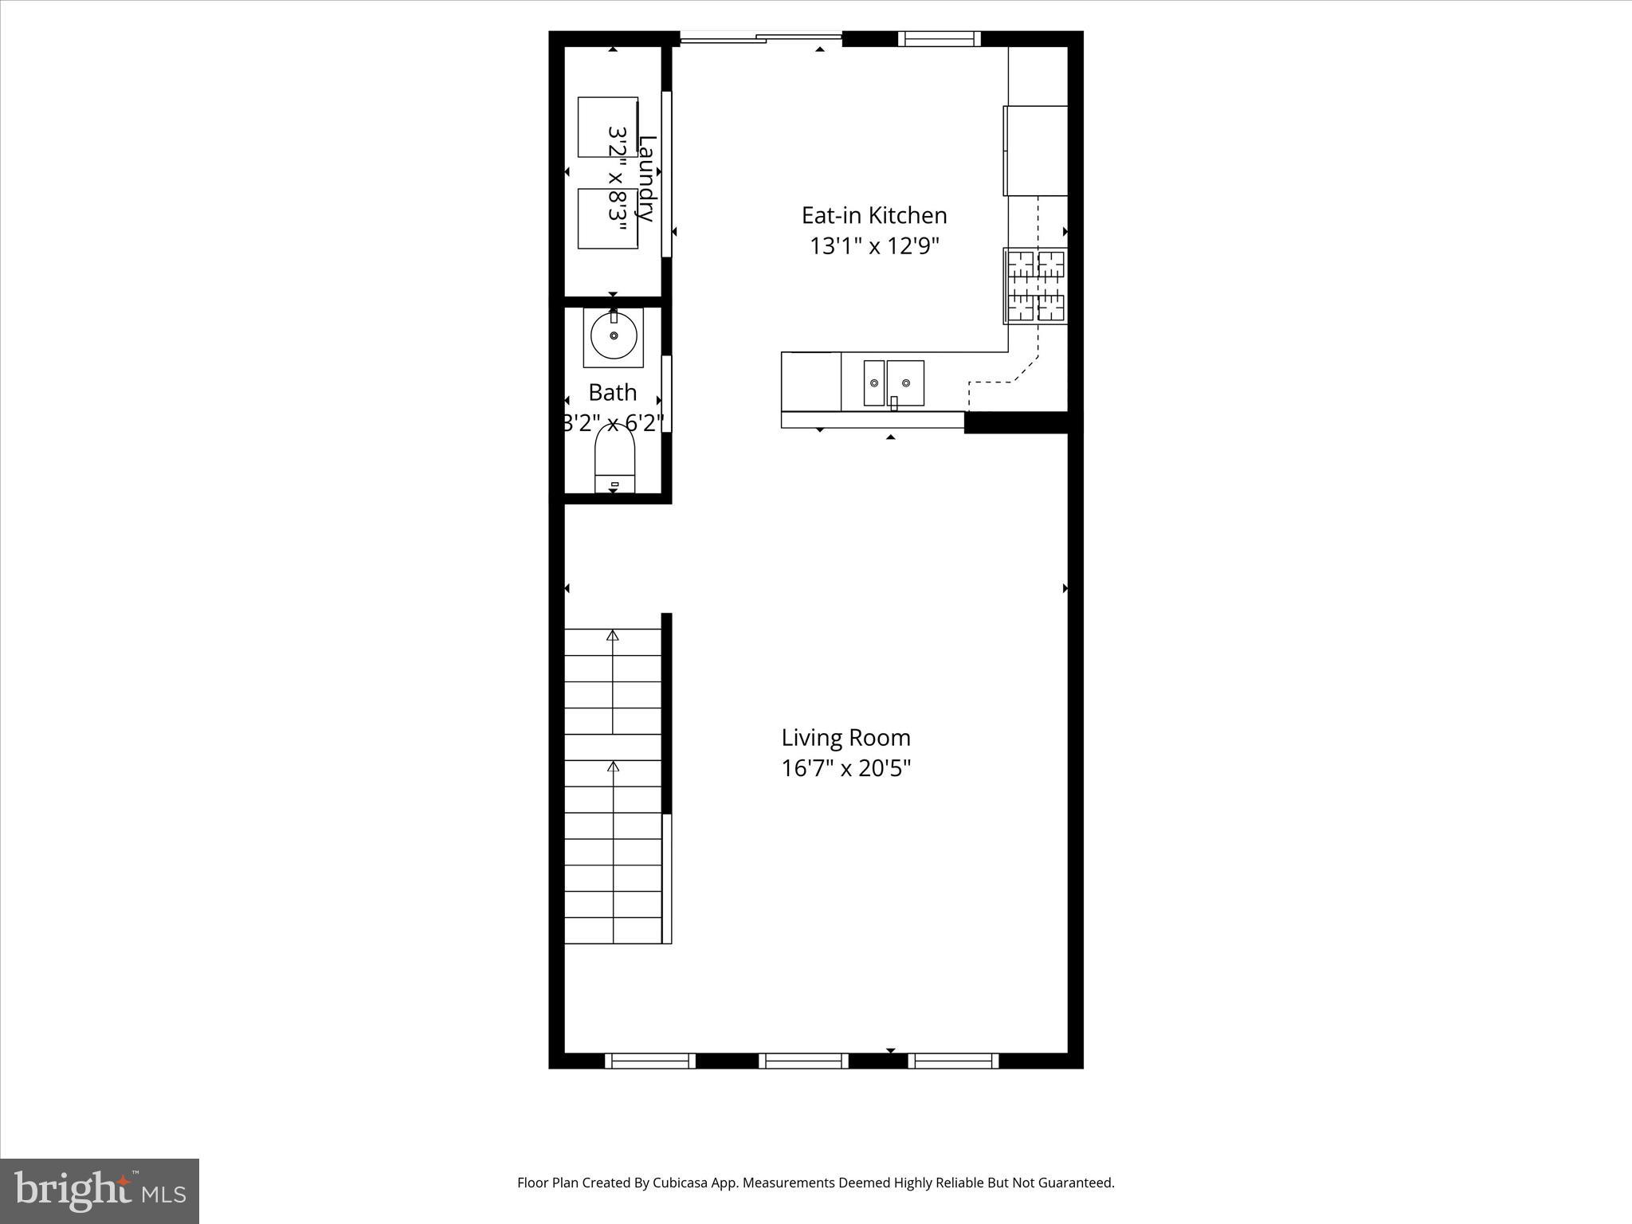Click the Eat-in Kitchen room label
click(x=874, y=215)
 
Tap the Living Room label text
click(x=845, y=738)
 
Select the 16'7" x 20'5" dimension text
click(x=845, y=768)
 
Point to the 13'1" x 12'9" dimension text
click(x=874, y=246)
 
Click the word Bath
click(x=613, y=392)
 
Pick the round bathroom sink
click(x=613, y=336)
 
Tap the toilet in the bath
click(x=614, y=460)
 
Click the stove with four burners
click(x=1035, y=286)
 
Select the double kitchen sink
click(x=893, y=383)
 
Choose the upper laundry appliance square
click(x=607, y=127)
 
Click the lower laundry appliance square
click(x=607, y=218)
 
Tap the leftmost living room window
click(x=650, y=1061)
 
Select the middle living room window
click(x=803, y=1061)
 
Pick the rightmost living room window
click(x=953, y=1061)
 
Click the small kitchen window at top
click(x=939, y=39)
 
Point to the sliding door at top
click(x=761, y=37)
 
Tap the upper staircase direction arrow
click(x=613, y=635)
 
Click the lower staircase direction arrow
click(x=613, y=767)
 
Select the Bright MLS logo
click(x=100, y=1191)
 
